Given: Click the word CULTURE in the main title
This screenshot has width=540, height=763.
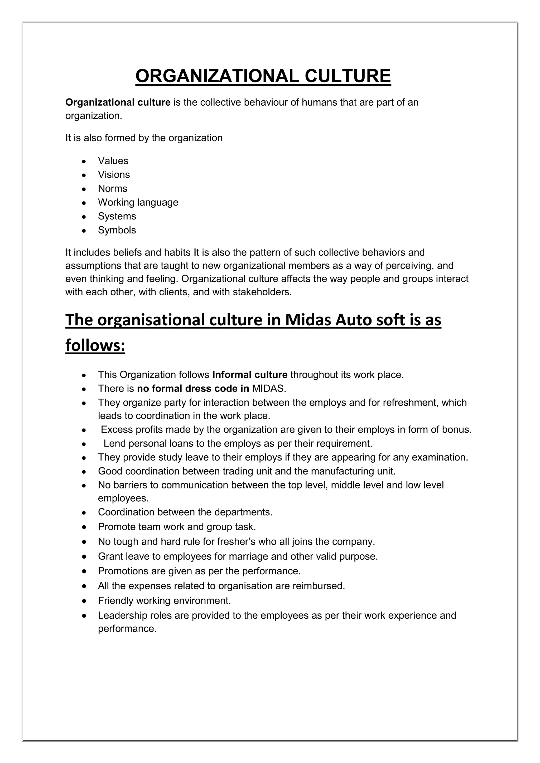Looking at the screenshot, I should pos(348,76).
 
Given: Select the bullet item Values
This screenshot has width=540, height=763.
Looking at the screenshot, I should pos(113,161).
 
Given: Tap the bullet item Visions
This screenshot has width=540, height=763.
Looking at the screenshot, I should pos(114,174).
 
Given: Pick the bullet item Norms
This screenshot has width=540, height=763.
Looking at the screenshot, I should pos(112,188).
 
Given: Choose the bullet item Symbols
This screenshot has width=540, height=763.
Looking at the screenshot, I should pos(117,230).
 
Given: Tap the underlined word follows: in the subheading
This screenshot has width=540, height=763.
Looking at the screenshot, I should pos(95,345).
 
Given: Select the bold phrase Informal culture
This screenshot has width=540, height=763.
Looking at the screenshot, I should pos(250,375).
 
